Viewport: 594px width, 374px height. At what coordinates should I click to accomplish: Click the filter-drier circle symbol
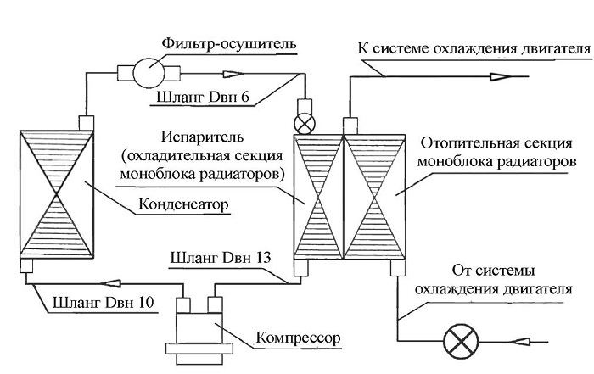pos(148,73)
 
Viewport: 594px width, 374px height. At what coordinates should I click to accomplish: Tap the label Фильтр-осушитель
pos(229,43)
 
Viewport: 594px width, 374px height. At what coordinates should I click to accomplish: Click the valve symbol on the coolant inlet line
pos(461,342)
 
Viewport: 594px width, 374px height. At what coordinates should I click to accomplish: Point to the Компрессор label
pos(298,338)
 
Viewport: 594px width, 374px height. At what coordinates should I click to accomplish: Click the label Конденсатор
pos(183,204)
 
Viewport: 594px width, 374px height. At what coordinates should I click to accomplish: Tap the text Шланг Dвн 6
pos(203,97)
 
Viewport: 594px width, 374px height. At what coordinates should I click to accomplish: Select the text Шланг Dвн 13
pos(221,258)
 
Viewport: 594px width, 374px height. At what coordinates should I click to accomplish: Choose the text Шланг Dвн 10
pos(104,303)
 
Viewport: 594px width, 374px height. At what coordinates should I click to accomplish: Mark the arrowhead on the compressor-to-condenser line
pos(111,283)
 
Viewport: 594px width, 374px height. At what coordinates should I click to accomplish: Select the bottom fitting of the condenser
pos(26,265)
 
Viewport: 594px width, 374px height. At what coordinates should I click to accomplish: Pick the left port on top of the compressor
pos(183,304)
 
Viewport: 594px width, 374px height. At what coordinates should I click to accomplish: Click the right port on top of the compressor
pos(215,304)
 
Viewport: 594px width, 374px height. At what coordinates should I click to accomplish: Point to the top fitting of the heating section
pos(350,126)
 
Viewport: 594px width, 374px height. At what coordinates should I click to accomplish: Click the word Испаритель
pos(202,137)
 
